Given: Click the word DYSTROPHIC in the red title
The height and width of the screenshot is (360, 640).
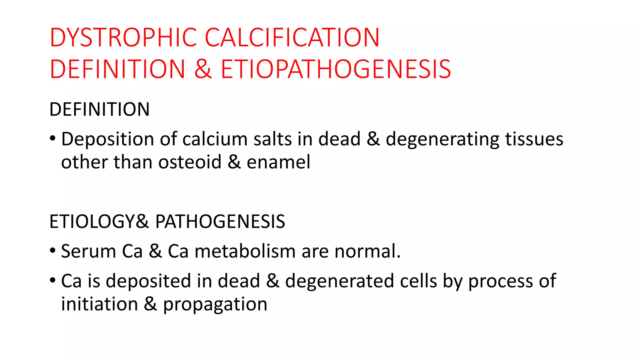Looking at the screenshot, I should (x=123, y=37).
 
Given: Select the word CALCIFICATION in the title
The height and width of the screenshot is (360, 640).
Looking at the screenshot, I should (x=292, y=37).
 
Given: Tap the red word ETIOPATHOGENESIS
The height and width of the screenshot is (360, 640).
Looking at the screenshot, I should (x=336, y=69).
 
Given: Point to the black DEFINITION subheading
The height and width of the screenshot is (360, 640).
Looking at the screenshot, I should (x=99, y=109).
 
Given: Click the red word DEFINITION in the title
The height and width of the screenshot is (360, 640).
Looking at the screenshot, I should (x=117, y=69).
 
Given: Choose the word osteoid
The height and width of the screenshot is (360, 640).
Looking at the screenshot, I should (x=190, y=162).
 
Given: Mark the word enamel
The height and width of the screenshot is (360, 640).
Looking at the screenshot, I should (x=278, y=162).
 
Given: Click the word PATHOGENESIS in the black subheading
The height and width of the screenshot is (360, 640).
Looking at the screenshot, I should (x=220, y=222).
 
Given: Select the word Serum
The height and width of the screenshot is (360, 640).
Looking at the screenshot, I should (x=88, y=251).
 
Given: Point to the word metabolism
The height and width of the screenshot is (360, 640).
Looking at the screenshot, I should (x=245, y=251).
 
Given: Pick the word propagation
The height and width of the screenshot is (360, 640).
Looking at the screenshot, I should (x=215, y=304).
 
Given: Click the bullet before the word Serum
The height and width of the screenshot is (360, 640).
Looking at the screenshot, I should (x=52, y=250).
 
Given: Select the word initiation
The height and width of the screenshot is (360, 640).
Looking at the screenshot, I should (x=99, y=304).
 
